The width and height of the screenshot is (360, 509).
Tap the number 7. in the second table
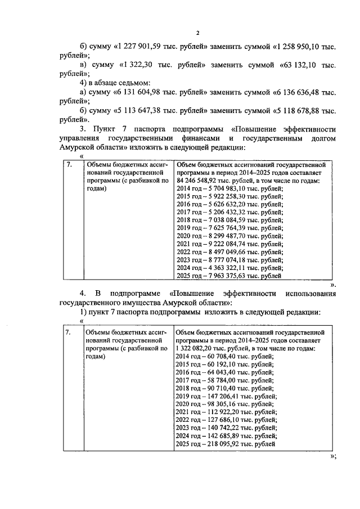68,333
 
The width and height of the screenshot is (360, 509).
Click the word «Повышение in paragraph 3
254,128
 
